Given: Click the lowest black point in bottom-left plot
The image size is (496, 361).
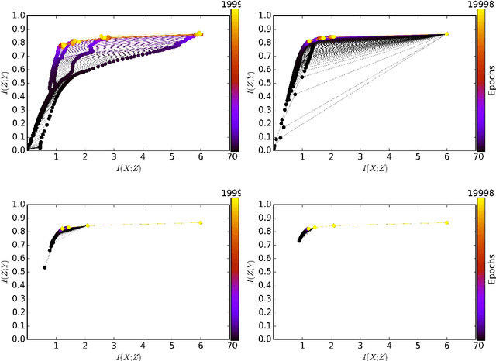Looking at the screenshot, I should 44,267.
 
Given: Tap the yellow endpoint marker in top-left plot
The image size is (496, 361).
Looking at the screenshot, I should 199,34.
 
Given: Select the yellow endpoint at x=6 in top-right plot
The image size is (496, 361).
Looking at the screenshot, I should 446,34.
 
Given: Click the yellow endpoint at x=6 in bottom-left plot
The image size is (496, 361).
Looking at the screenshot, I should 200,222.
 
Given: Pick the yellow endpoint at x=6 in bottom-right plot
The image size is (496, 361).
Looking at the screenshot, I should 446,222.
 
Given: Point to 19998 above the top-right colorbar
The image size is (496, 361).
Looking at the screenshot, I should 480,5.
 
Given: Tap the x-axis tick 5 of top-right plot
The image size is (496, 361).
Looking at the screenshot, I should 418,157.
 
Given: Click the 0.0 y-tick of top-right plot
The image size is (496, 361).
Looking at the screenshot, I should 262,150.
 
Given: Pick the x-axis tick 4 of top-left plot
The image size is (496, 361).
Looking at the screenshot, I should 142,157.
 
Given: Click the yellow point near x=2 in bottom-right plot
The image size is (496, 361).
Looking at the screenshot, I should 333,225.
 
